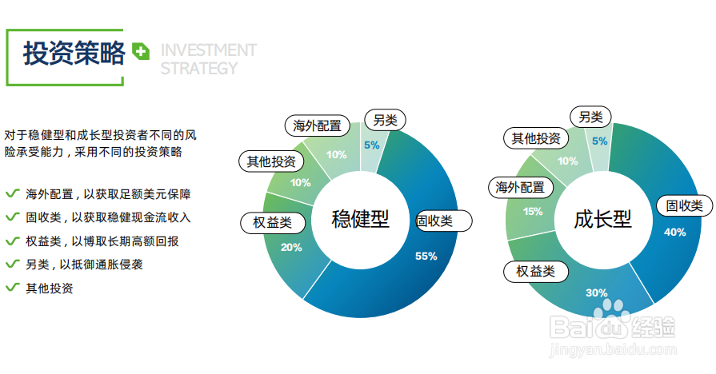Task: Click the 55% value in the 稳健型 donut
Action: pyautogui.click(x=426, y=257)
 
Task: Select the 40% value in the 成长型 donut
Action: pyautogui.click(x=674, y=232)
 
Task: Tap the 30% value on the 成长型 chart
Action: pyautogui.click(x=596, y=292)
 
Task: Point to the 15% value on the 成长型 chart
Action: pyautogui.click(x=532, y=212)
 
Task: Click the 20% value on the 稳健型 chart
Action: pyautogui.click(x=290, y=248)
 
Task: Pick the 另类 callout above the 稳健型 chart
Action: pyautogui.click(x=385, y=121)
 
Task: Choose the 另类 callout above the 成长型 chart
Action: pyautogui.click(x=590, y=117)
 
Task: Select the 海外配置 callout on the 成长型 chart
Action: pyautogui.click(x=520, y=188)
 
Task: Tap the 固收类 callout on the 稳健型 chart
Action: pyautogui.click(x=444, y=221)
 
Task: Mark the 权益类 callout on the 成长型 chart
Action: pyautogui.click(x=535, y=271)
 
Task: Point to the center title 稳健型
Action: pyautogui.click(x=360, y=218)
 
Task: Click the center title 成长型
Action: pyautogui.click(x=602, y=218)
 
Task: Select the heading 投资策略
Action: pyautogui.click(x=74, y=54)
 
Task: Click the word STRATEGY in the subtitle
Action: pyautogui.click(x=198, y=69)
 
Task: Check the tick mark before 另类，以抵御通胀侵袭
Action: pyautogui.click(x=12, y=264)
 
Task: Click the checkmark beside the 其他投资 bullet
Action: pyautogui.click(x=12, y=287)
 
